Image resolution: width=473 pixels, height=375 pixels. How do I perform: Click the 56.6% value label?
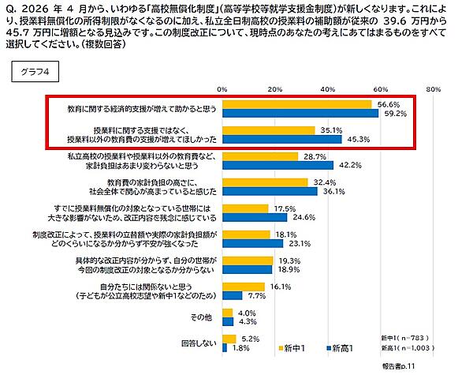pyautogui.click(x=388, y=103)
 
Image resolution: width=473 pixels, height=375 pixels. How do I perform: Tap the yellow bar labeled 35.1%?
pyautogui.click(x=269, y=130)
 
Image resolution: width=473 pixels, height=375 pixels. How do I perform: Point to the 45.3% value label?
pyautogui.click(x=358, y=140)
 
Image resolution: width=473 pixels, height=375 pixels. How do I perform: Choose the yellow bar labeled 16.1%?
pyautogui.click(x=244, y=287)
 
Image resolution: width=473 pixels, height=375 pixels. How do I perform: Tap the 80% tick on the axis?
pyautogui.click(x=432, y=89)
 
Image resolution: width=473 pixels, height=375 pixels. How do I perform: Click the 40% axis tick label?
pyautogui.click(x=327, y=89)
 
